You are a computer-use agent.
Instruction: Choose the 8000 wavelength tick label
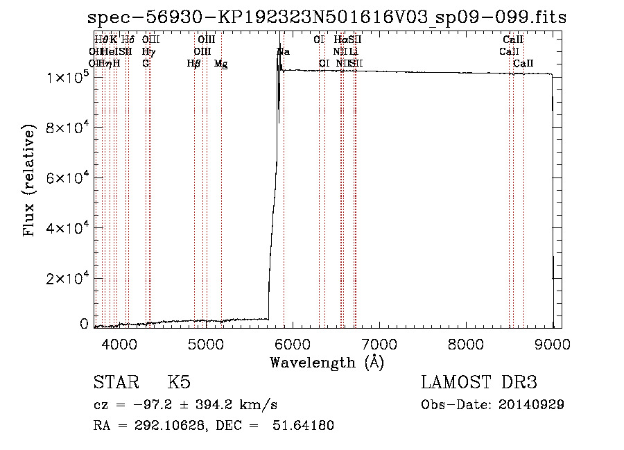click(465, 343)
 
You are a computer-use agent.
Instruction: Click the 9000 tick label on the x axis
click(552, 343)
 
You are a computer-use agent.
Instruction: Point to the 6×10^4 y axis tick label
click(65, 178)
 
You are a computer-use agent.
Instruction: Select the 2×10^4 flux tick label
click(65, 277)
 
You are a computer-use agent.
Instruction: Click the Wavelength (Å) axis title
click(327, 362)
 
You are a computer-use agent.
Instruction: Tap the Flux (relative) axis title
click(29, 181)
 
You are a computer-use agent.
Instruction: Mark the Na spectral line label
click(284, 52)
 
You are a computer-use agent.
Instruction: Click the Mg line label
click(220, 64)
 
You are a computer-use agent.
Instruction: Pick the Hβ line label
click(194, 64)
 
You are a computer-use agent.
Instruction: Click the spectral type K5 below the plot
click(179, 383)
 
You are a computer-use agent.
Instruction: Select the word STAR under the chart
click(114, 383)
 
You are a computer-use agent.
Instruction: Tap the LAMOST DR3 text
click(479, 383)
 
